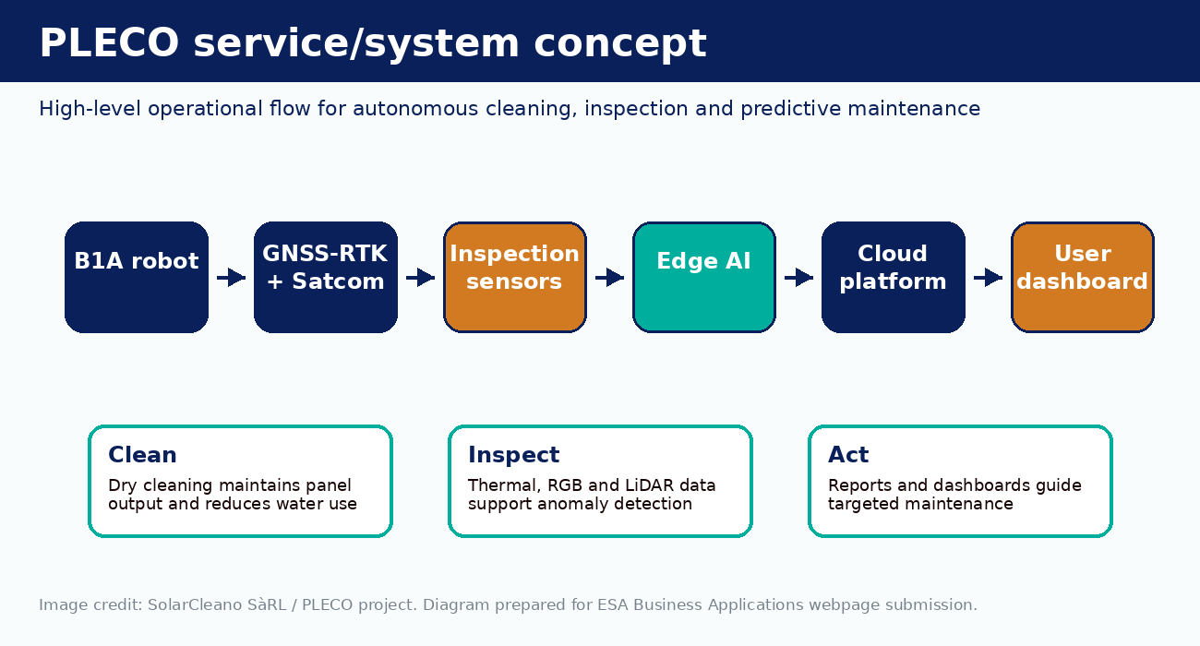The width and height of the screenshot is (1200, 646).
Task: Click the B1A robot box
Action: tap(137, 278)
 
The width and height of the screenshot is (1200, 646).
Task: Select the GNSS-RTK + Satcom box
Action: tap(326, 278)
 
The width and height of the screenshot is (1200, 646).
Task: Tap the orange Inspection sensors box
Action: tap(515, 278)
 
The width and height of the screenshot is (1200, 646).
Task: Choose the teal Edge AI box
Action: tap(704, 278)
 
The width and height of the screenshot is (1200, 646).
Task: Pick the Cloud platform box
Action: tap(893, 278)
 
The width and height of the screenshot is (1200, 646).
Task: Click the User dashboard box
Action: tap(1082, 278)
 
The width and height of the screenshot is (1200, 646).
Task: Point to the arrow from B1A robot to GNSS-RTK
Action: tap(232, 278)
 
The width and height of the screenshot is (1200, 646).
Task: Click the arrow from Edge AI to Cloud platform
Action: tap(798, 278)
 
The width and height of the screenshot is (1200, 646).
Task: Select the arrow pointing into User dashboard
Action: tap(988, 278)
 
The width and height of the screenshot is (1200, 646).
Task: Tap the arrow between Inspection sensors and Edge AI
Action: tap(609, 278)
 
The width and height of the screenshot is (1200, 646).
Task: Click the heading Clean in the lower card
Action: tap(142, 455)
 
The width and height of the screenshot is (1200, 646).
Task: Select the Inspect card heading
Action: tap(513, 455)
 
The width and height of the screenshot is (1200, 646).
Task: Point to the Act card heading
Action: tap(848, 455)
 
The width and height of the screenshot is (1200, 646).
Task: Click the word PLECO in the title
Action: tap(109, 42)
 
